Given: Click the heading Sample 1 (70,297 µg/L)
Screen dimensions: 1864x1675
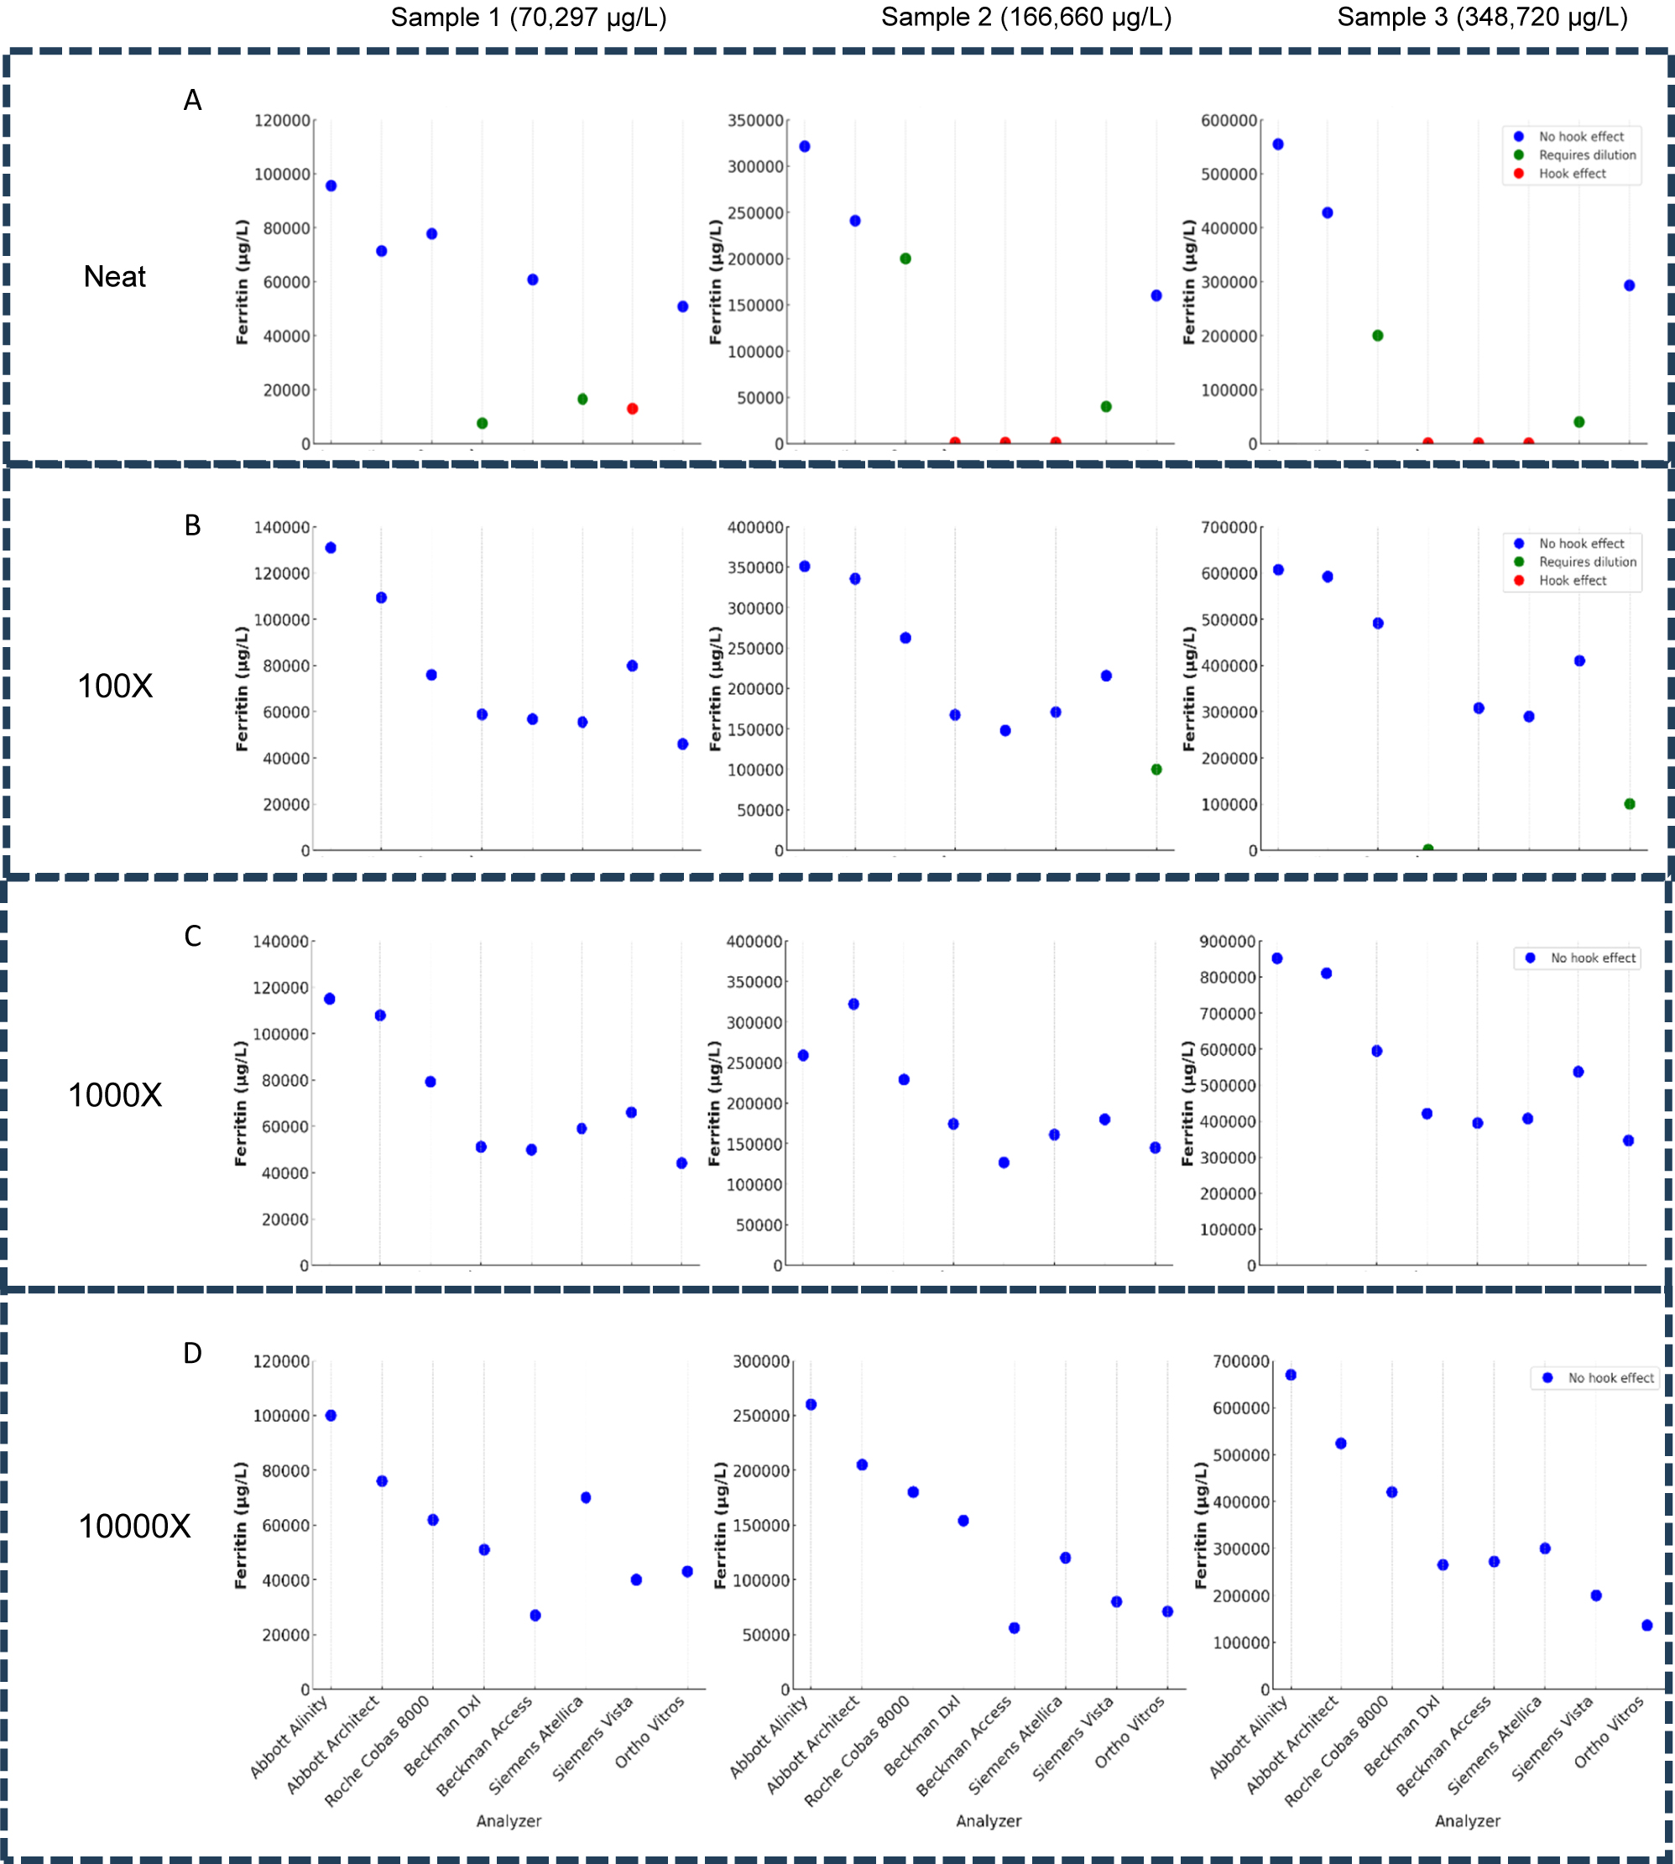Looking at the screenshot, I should pyautogui.click(x=529, y=18).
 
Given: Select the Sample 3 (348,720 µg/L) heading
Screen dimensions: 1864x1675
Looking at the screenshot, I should pyautogui.click(x=1482, y=18).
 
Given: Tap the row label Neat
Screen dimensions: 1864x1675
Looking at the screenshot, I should pyautogui.click(x=115, y=277).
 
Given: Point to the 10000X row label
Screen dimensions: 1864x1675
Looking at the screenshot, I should pyautogui.click(x=134, y=1525).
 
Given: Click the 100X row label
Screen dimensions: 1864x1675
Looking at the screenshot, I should pyautogui.click(x=115, y=686).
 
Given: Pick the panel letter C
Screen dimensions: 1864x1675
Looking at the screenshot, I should pyautogui.click(x=192, y=936).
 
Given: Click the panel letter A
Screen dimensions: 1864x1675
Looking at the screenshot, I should pyautogui.click(x=192, y=99).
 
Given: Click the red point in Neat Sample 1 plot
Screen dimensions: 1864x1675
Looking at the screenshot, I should pyautogui.click(x=632, y=409).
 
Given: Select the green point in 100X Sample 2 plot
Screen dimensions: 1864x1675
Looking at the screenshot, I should pyautogui.click(x=1156, y=770).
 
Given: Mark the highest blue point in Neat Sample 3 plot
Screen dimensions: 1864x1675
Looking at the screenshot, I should pyautogui.click(x=1277, y=144).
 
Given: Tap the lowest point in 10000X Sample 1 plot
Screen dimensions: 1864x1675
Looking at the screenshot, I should pyautogui.click(x=535, y=1616).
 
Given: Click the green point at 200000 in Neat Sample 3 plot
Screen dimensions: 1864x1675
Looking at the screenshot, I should pyautogui.click(x=1378, y=336).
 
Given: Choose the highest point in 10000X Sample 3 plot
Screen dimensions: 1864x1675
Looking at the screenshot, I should pyautogui.click(x=1291, y=1376).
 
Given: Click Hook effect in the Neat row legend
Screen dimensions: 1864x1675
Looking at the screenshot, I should pyautogui.click(x=1572, y=174).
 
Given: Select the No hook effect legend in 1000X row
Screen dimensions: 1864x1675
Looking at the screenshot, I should pyautogui.click(x=1592, y=958).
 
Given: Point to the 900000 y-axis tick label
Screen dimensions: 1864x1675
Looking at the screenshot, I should pyautogui.click(x=1228, y=942).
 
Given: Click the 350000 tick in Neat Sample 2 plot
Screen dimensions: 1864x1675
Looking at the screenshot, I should pyautogui.click(x=754, y=121).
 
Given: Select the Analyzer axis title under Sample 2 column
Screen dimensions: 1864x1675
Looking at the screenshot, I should pyautogui.click(x=989, y=1820).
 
